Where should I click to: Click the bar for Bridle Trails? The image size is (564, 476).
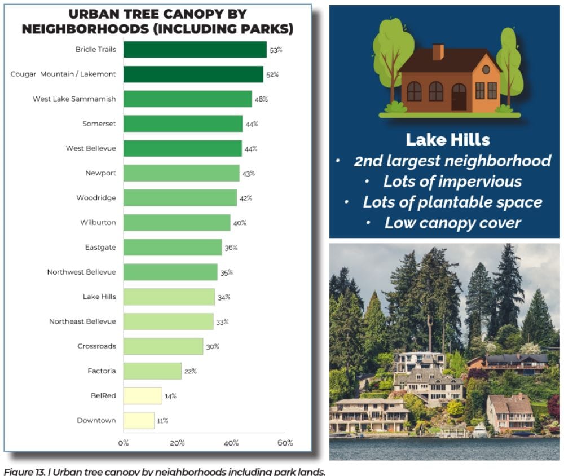click(195, 50)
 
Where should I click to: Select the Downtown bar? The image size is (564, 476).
click(139, 420)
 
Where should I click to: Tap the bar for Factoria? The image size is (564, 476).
click(152, 371)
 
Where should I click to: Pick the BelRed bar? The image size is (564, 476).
click(143, 395)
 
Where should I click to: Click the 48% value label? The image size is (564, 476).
click(261, 99)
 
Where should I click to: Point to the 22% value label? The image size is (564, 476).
click(191, 371)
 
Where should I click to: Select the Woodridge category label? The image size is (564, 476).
click(96, 198)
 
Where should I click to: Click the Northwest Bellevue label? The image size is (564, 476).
click(81, 272)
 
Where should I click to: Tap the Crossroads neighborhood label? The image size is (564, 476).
click(96, 346)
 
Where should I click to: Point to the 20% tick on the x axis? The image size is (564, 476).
click(177, 443)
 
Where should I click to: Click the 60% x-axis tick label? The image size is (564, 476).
click(285, 443)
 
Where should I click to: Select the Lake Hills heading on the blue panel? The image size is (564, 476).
click(448, 139)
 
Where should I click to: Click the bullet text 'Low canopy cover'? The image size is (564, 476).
click(452, 223)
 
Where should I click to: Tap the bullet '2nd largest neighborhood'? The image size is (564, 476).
click(452, 161)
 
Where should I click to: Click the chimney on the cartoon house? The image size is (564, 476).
click(438, 52)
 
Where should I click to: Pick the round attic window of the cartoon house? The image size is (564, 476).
click(486, 69)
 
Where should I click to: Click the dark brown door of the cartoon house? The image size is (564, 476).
click(459, 96)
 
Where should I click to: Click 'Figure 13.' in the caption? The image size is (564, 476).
click(23, 471)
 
